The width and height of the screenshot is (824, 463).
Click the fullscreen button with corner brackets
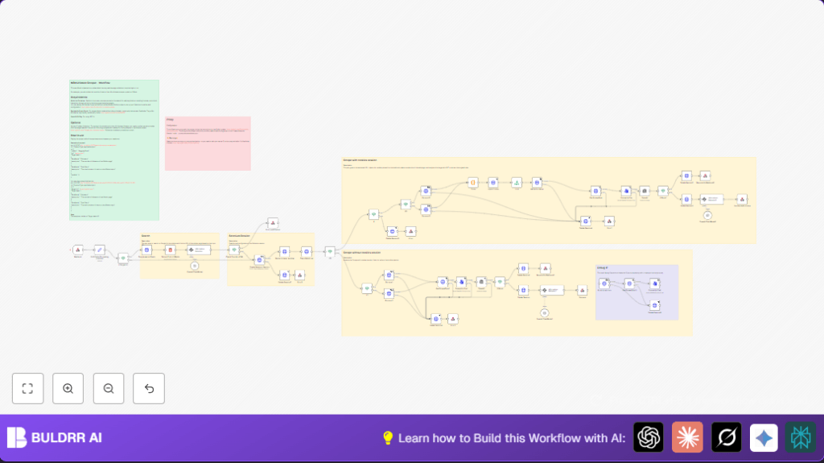[27, 388]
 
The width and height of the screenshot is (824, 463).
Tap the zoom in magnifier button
[68, 388]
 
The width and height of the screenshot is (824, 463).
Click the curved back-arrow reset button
[149, 388]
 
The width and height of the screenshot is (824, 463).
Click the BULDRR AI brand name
[67, 438]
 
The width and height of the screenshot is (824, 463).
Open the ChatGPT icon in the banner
[649, 437]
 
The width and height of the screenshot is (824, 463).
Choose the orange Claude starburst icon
[687, 437]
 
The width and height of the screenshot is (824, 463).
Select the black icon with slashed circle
[727, 437]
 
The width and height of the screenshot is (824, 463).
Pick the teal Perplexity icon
[801, 437]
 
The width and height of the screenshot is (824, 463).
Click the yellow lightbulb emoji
[388, 438]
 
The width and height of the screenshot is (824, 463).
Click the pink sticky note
[208, 143]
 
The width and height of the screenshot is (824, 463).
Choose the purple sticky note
[637, 292]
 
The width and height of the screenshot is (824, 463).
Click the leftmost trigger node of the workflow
[78, 250]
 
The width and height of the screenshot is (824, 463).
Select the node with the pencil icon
[99, 250]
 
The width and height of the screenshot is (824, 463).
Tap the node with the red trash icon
[170, 250]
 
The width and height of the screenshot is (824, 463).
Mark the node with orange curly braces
[473, 183]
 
